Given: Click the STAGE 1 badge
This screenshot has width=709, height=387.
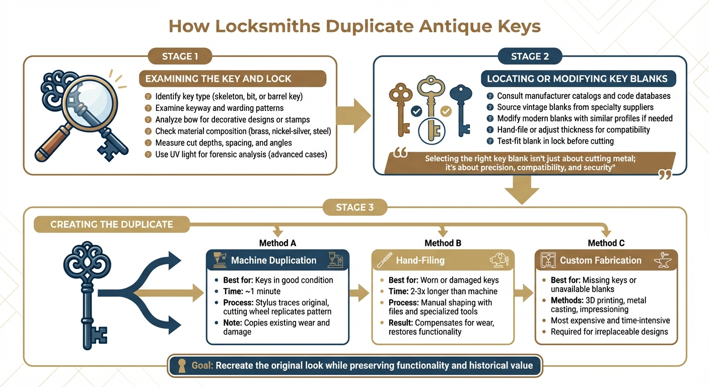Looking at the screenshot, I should (180, 56).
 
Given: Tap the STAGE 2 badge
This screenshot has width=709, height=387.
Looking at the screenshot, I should (530, 56).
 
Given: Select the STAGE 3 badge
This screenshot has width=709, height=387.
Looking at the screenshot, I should (354, 207).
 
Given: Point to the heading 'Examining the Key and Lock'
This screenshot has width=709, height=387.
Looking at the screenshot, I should (218, 79).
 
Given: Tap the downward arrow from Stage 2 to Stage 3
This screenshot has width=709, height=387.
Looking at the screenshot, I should (522, 190).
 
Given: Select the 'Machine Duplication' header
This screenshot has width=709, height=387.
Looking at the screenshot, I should (273, 261).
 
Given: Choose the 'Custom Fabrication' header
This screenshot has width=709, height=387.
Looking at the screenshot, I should (600, 261).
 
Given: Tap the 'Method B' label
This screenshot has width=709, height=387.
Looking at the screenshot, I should (443, 243).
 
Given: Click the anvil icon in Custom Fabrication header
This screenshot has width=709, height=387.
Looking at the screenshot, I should (665, 260).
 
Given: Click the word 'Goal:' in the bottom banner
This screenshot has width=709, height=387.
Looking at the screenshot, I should (202, 365).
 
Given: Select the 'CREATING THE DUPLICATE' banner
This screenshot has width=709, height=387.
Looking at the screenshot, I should (111, 224).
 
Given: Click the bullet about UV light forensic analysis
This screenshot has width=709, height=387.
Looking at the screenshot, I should (241, 154).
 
